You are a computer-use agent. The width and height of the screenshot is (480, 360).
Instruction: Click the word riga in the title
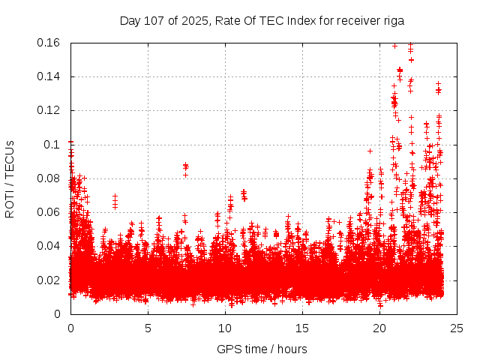393,21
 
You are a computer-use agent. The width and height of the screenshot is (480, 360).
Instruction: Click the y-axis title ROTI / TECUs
10,178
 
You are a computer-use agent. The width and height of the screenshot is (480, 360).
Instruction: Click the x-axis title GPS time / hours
262,349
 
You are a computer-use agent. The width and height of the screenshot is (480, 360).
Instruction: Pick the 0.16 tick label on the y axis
49,43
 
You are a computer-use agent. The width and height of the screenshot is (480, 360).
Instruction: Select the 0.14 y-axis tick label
49,76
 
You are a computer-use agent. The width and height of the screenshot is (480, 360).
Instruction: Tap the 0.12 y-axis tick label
49,110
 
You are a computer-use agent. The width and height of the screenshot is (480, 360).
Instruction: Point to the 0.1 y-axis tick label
52,145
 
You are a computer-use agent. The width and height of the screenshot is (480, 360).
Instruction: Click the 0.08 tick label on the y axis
49,178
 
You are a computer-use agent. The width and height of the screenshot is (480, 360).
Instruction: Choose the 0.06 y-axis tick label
49,212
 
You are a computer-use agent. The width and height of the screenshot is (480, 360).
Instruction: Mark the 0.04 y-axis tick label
49,246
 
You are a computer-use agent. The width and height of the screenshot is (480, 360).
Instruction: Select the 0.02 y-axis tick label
49,280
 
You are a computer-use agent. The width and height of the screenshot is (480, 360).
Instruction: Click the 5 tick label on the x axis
148,328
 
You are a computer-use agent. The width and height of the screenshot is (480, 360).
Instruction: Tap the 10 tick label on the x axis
225,328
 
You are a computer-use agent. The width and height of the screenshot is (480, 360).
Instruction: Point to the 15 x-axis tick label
302,328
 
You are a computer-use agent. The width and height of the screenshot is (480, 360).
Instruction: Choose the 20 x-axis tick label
379,328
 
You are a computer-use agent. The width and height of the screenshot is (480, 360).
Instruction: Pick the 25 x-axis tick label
457,328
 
